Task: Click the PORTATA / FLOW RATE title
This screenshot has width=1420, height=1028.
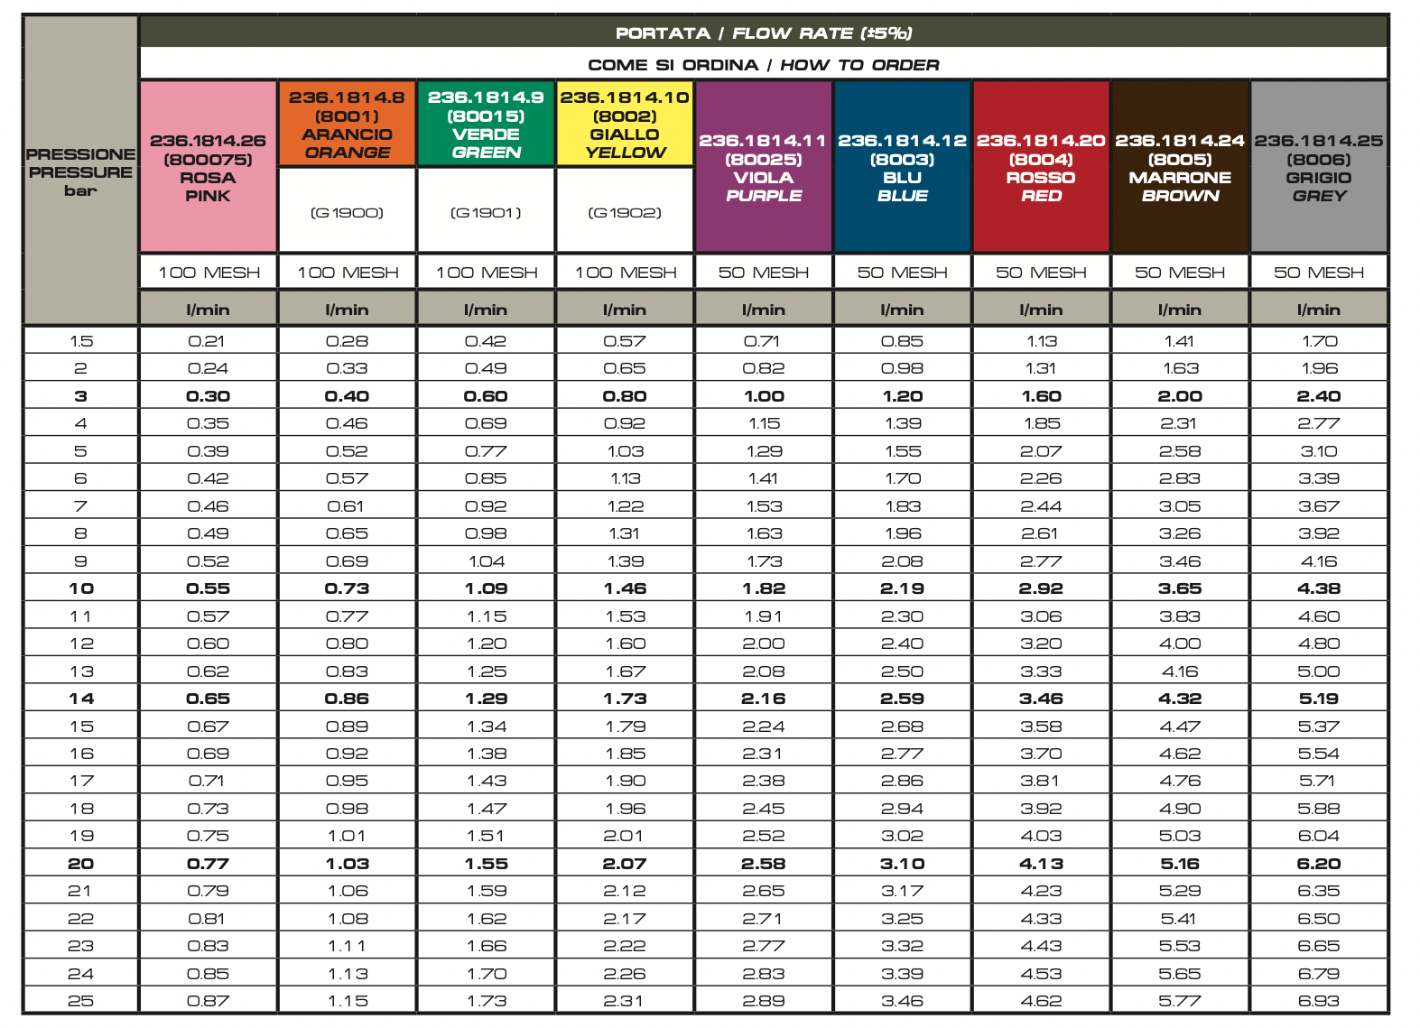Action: click(764, 33)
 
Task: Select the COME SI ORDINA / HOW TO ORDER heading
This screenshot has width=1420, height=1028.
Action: click(764, 65)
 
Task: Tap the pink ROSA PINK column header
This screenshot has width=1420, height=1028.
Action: click(208, 167)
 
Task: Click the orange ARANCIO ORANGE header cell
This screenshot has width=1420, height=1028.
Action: click(347, 125)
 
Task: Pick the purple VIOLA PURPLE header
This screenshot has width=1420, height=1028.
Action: click(763, 167)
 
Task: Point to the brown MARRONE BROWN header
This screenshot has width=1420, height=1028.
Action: click(1180, 167)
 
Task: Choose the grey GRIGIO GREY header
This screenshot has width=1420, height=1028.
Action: click(1319, 167)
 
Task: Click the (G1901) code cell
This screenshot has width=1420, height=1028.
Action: click(486, 212)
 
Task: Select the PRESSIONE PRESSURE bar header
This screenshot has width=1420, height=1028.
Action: click(80, 171)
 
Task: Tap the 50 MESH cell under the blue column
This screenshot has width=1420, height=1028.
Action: click(902, 273)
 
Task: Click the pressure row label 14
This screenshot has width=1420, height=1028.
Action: click(81, 699)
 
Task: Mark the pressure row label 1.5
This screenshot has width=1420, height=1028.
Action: click(81, 341)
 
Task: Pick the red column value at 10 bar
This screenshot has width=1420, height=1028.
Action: click(1041, 588)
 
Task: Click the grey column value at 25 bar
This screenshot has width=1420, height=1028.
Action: click(1319, 1002)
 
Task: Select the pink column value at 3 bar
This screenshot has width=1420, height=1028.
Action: click(208, 397)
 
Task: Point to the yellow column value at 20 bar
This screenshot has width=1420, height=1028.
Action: click(625, 864)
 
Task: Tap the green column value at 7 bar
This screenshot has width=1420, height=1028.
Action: click(486, 506)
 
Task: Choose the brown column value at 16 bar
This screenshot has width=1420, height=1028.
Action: click(1180, 754)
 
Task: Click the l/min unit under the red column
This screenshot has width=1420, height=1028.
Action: click(1041, 310)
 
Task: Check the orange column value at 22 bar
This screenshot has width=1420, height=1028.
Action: click(348, 919)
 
